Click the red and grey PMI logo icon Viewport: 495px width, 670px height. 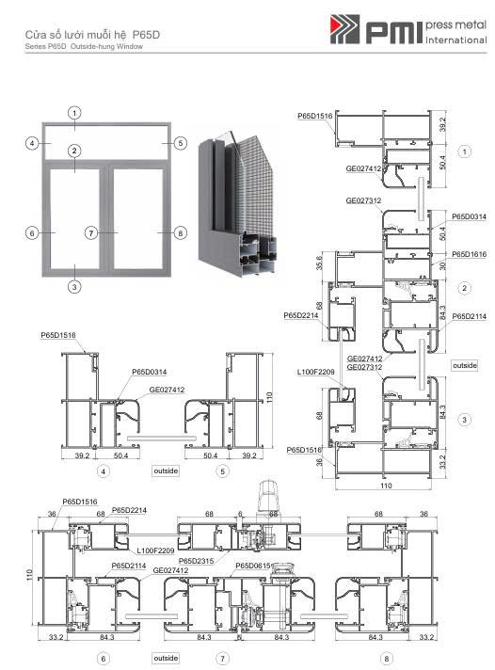click(344, 29)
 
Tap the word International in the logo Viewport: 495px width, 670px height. click(455, 40)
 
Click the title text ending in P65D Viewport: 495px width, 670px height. click(92, 35)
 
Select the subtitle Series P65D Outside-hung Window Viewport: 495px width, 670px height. click(84, 46)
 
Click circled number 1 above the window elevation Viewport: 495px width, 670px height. click(74, 113)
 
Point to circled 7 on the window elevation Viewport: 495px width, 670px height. click(90, 232)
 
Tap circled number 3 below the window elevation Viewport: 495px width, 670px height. click(74, 287)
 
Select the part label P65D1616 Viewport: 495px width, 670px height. click(470, 254)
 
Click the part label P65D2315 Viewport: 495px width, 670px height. click(196, 561)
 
